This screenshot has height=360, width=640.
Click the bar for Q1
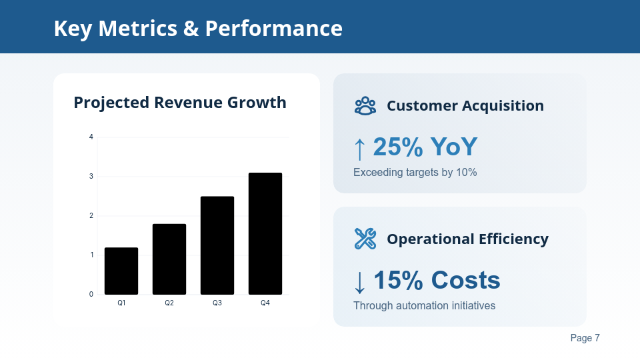coord(121,271)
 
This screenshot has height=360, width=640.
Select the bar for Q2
coord(169,259)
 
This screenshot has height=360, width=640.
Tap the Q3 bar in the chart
coord(217,245)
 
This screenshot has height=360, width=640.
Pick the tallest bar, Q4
coord(265,233)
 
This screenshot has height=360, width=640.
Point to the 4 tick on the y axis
coord(91,137)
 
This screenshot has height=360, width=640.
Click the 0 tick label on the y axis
coord(91,294)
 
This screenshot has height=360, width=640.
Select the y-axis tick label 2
coord(91,215)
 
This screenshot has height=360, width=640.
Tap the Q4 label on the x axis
coord(265,303)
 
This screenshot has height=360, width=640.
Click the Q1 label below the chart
coord(121,303)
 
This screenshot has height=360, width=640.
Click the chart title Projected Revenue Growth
coord(180,103)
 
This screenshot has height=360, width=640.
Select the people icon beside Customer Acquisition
coord(365,105)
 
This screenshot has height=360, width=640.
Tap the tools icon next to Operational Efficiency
coord(365,239)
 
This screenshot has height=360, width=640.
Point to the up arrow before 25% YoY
coord(360,149)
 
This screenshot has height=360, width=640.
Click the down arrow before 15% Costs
coord(360,282)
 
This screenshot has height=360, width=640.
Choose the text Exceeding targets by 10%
coord(415,173)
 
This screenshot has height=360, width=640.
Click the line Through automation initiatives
coord(424,306)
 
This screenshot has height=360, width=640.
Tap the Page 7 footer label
coord(585,338)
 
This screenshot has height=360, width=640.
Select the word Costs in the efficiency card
coord(465,281)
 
